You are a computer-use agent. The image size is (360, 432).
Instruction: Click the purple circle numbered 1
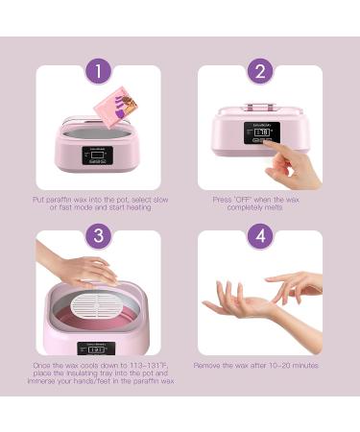point(98,71)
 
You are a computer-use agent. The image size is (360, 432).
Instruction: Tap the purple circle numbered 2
point(260,71)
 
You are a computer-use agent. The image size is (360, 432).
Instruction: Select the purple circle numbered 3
point(98,236)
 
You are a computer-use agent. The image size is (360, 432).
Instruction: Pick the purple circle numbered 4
point(260,236)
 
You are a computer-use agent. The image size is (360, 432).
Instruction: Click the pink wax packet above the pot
point(115,107)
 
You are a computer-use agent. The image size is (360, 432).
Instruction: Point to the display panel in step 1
point(98,156)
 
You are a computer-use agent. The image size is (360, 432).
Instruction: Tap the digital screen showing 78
point(262,132)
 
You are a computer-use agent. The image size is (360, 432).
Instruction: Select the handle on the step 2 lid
point(260,106)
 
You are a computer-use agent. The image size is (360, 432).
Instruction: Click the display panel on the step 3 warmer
point(96,348)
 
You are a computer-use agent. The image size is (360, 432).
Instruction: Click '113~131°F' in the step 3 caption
point(149,365)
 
